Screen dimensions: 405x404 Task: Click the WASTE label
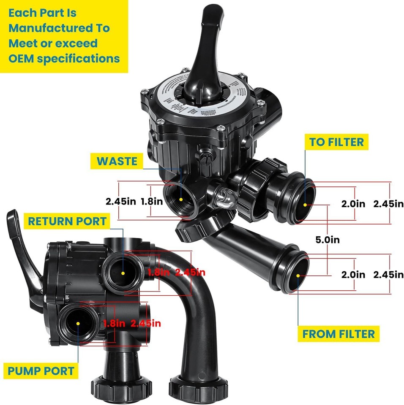coord(117,161)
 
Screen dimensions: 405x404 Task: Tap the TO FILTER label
coord(336,142)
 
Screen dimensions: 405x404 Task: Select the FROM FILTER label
coord(338,334)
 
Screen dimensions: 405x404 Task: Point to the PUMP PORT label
coord(41,371)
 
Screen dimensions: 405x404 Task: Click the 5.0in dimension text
coord(328,240)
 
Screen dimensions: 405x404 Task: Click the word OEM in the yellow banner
coord(21,58)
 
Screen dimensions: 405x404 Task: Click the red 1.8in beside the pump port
coord(115,324)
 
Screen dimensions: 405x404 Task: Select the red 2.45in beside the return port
coord(190,272)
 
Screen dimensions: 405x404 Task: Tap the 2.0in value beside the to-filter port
coord(353,204)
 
